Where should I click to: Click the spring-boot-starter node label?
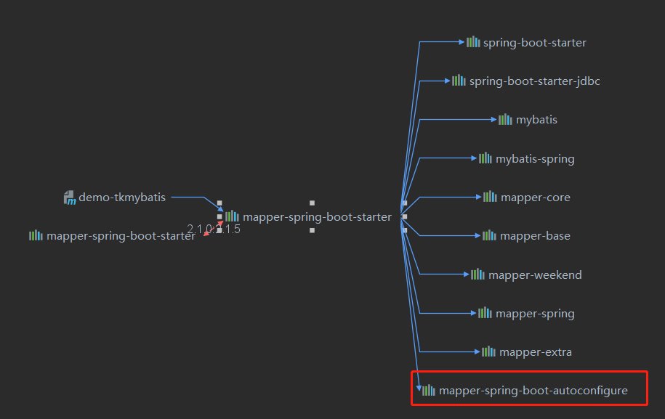tap(534, 42)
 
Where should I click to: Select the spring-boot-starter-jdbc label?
tap(534, 81)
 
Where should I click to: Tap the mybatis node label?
tap(536, 119)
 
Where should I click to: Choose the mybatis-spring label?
tap(535, 158)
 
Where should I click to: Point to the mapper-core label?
tap(536, 197)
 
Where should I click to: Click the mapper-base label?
tap(535, 235)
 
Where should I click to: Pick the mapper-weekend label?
tap(535, 274)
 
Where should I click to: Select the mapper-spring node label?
tap(535, 314)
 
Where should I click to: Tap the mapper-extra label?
tap(536, 352)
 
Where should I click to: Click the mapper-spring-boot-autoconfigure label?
tap(533, 391)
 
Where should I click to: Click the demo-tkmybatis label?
tap(122, 197)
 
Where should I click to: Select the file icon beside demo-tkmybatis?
tap(70, 198)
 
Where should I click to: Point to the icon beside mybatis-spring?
tap(485, 158)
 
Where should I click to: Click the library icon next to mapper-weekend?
tap(477, 274)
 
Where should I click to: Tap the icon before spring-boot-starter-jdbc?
tap(459, 80)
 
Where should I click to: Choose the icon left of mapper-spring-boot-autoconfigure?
tap(429, 390)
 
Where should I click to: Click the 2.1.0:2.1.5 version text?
tap(213, 229)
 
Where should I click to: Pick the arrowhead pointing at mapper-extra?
tap(477, 351)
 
